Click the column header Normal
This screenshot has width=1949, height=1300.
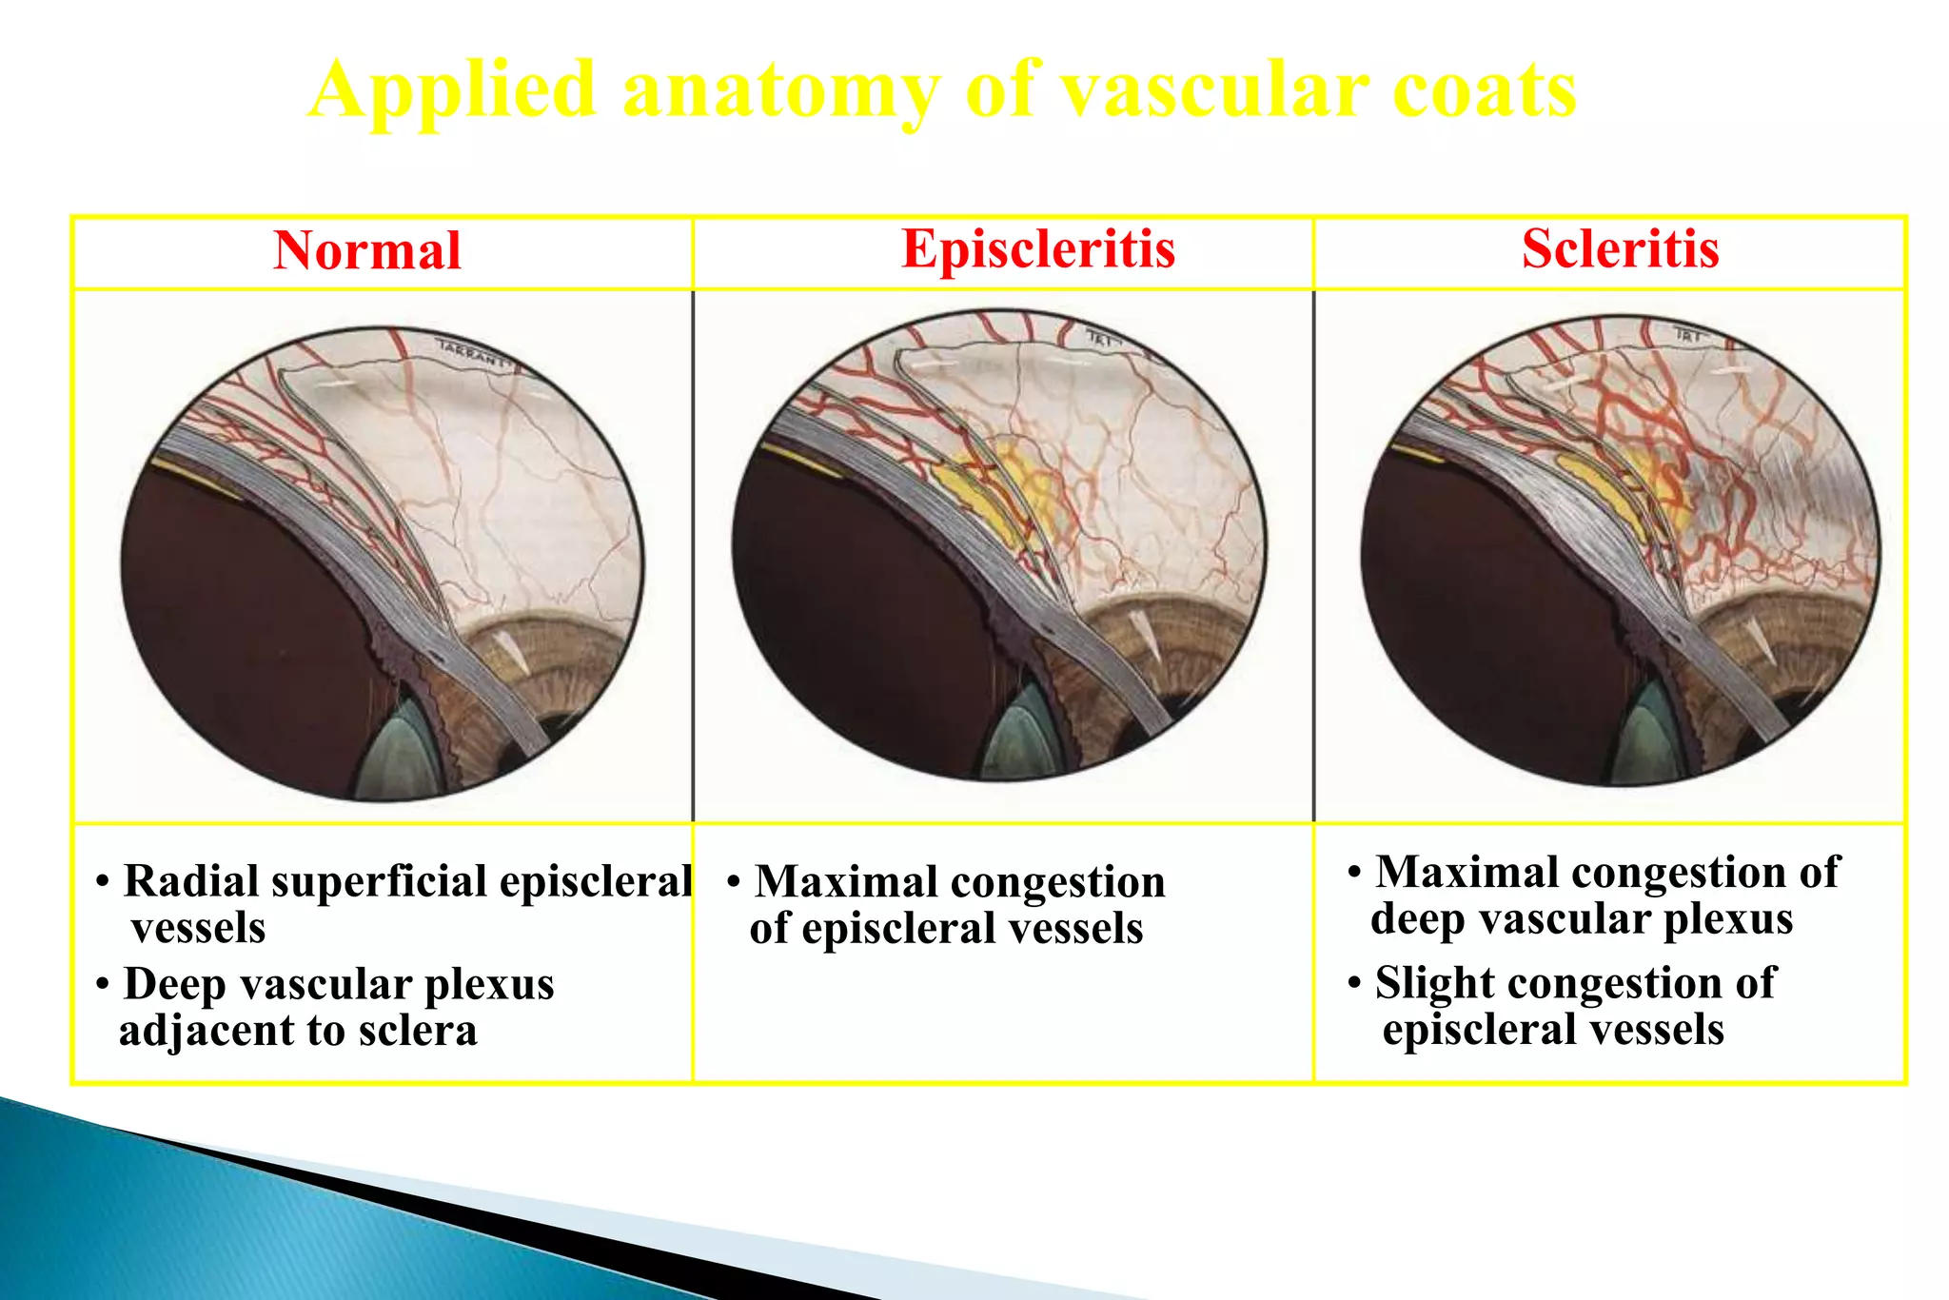click(367, 251)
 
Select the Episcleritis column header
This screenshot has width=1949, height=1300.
click(1037, 249)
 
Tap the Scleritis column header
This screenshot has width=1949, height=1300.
click(1620, 249)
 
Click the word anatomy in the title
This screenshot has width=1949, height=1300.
click(780, 91)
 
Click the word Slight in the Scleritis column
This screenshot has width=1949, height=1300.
click(1431, 983)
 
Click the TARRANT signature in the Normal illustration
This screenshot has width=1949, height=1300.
click(472, 353)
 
